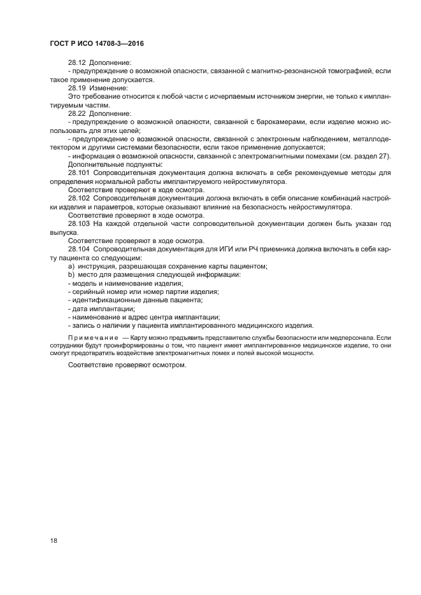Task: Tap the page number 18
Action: [54, 540]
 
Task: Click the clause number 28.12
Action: [77, 63]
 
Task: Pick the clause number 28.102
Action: [79, 197]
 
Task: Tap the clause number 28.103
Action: [79, 224]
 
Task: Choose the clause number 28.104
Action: [79, 249]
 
